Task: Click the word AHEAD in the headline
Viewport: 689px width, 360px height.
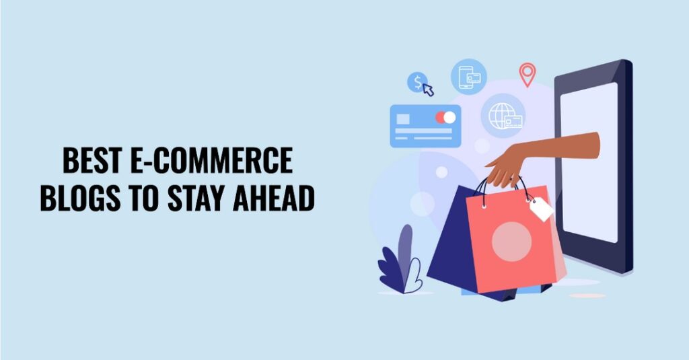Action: pyautogui.click(x=274, y=198)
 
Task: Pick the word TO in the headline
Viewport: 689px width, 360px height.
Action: pyautogui.click(x=143, y=198)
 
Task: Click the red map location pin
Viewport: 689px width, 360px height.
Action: pyautogui.click(x=528, y=74)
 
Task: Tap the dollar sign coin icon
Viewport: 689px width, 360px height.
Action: pyautogui.click(x=417, y=82)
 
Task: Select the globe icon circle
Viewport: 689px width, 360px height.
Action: pyautogui.click(x=503, y=116)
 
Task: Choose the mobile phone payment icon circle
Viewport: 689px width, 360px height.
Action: pyautogui.click(x=469, y=77)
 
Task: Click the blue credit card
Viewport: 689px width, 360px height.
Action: pyautogui.click(x=425, y=126)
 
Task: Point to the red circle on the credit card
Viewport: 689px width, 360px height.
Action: pyautogui.click(x=441, y=117)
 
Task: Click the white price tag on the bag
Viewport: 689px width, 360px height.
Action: pyautogui.click(x=542, y=209)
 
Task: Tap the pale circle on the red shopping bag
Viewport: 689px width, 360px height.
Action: pyautogui.click(x=511, y=242)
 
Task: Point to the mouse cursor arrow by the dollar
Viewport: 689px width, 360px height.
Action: pyautogui.click(x=429, y=89)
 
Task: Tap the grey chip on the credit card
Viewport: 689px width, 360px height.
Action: pyautogui.click(x=403, y=119)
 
